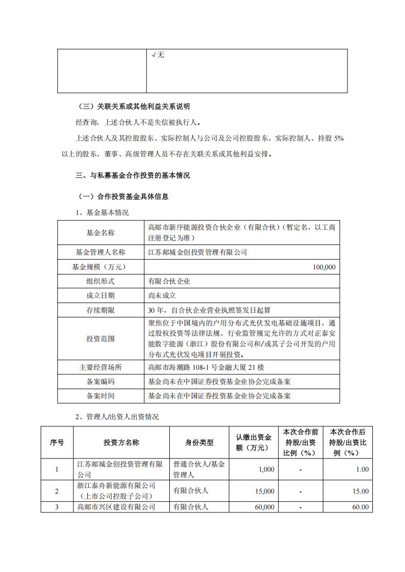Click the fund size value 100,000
point(323,266)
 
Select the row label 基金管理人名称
point(100,252)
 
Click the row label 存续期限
point(100,310)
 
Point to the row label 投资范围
point(100,338)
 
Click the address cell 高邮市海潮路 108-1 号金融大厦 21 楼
point(206,367)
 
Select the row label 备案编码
point(100,381)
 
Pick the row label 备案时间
point(100,395)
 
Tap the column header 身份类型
point(199,443)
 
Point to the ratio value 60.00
point(360,507)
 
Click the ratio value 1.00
point(362,469)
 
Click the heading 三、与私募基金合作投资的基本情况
point(132,176)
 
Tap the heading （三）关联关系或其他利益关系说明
point(132,106)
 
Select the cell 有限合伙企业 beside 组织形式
point(169,281)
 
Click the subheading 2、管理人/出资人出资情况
point(117,417)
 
